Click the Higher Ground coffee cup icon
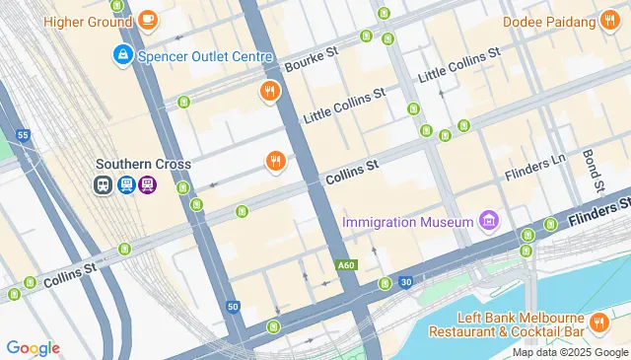coord(147,19)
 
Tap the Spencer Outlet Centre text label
coord(204,56)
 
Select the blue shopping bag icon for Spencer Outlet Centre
coord(123,56)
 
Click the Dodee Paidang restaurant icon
coord(610,21)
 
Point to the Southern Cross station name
coord(143,164)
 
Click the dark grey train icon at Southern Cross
coord(104,184)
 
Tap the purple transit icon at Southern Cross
coord(147,184)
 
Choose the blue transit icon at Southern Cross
coord(125,184)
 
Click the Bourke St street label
coord(312,58)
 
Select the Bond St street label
coord(593,171)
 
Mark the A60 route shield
coord(345,265)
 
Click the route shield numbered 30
coord(406,283)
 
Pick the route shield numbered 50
coord(233,307)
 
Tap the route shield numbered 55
coord(23,134)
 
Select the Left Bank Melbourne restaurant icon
coord(598,323)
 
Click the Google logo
coord(33,347)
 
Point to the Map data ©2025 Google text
coord(570,352)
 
